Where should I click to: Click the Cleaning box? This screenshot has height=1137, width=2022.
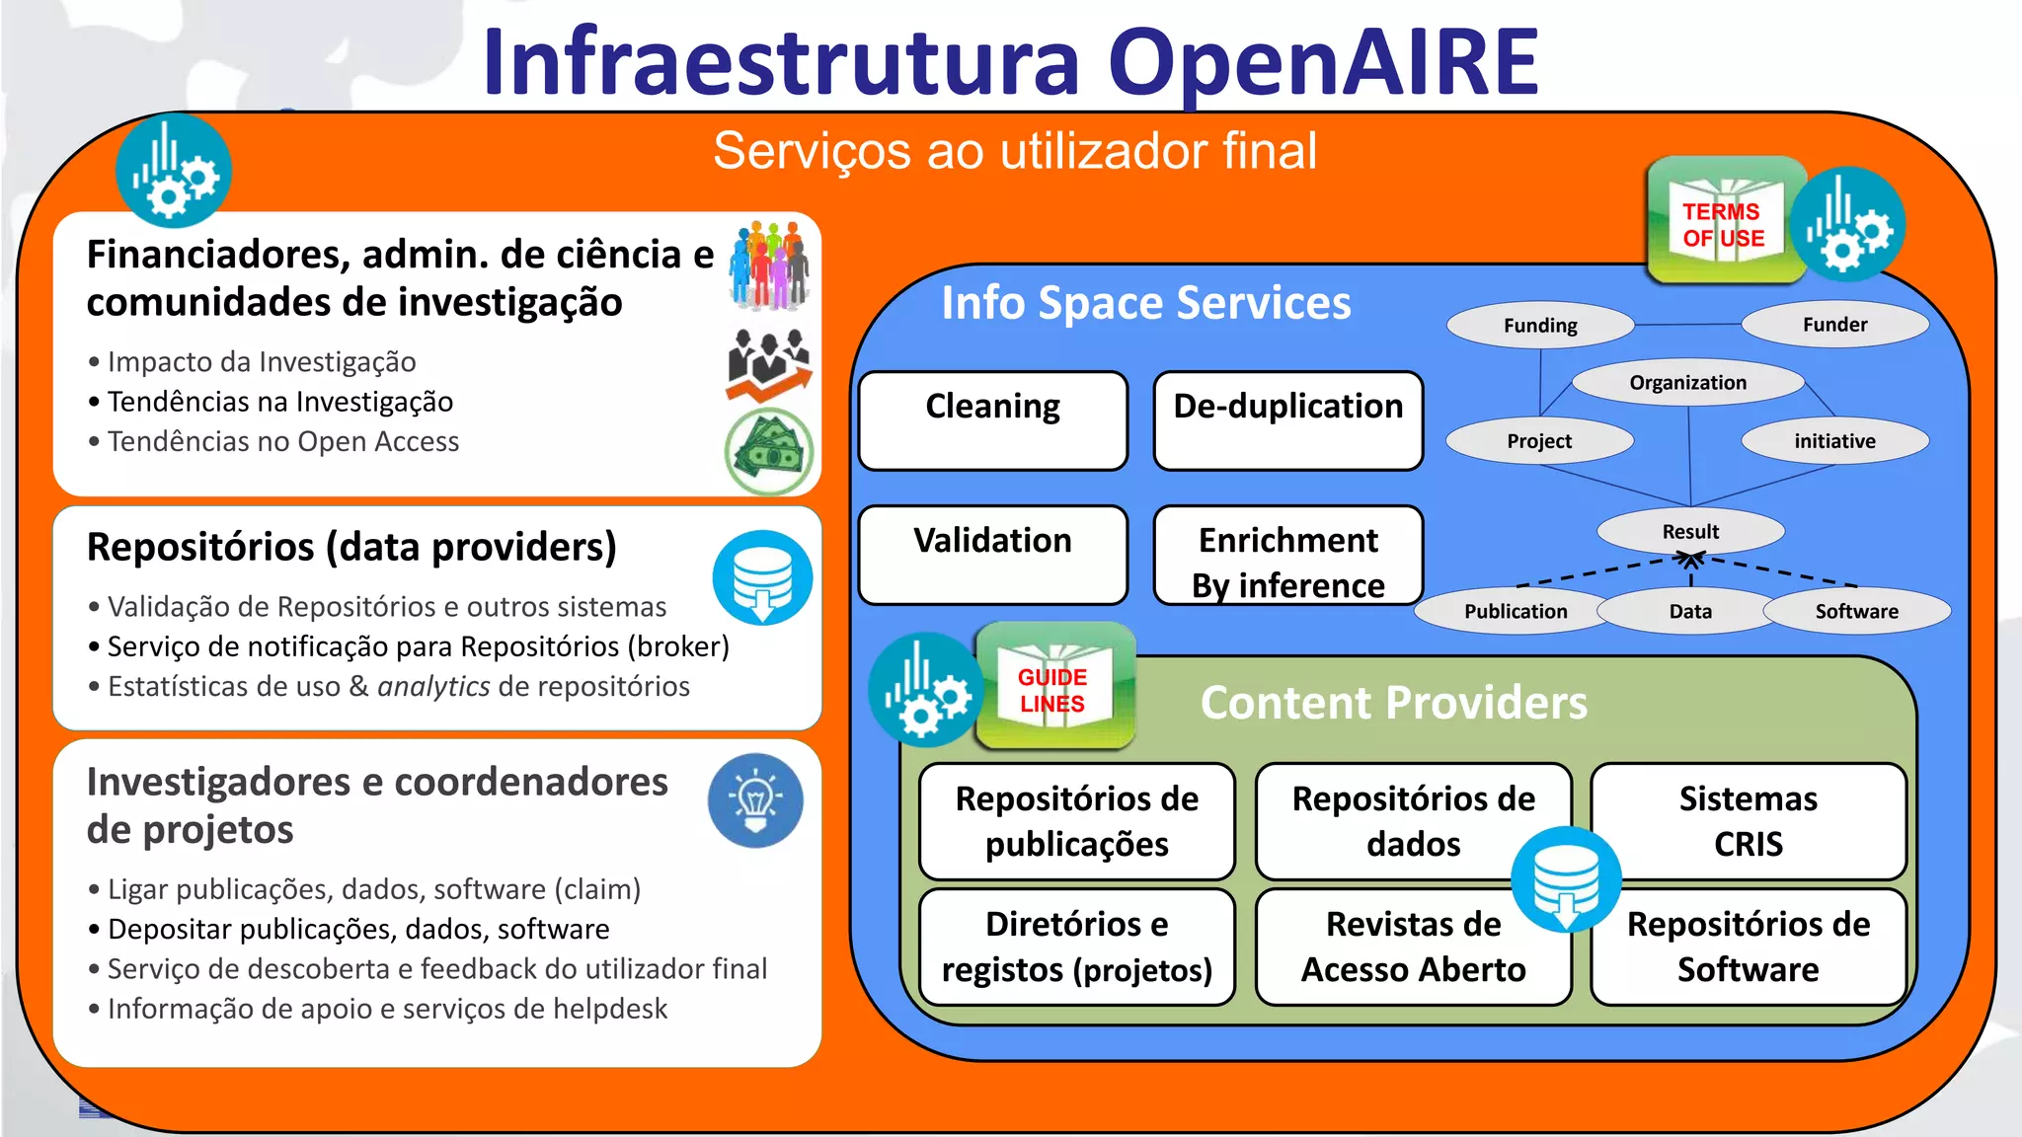pos(992,420)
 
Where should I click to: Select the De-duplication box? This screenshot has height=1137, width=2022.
pos(1287,420)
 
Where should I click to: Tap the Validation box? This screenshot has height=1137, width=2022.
pos(992,555)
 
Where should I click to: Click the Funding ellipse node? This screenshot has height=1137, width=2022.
pos(1540,325)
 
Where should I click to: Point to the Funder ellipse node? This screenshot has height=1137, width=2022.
pos(1834,325)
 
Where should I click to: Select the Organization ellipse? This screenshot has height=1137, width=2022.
pos(1687,382)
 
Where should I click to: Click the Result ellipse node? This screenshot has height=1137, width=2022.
pos(1690,531)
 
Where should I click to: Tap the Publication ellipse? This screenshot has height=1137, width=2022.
pos(1515,611)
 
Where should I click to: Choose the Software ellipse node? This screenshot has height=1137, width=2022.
pos(1856,611)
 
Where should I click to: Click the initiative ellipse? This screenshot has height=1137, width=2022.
pos(1834,440)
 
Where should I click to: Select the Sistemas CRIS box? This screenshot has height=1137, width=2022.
pos(1748,820)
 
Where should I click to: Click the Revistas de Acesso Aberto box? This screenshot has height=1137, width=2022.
pos(1413,947)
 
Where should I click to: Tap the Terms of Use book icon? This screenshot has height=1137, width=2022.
pos(1724,222)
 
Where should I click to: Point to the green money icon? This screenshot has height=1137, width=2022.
pos(769,452)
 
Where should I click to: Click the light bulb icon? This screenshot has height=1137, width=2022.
pos(755,800)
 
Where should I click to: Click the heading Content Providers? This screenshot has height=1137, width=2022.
pos(1393,703)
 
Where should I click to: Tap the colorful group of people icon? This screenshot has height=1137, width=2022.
pos(769,265)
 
